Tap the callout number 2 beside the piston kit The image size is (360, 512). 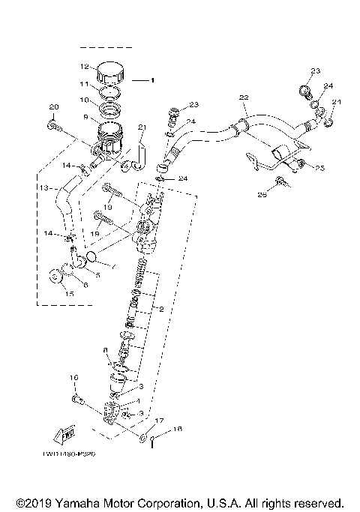point(160,308)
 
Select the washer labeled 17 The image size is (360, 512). point(142,435)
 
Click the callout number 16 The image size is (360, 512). point(74,377)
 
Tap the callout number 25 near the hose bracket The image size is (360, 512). point(320,168)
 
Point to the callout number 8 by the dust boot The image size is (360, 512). point(104,350)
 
